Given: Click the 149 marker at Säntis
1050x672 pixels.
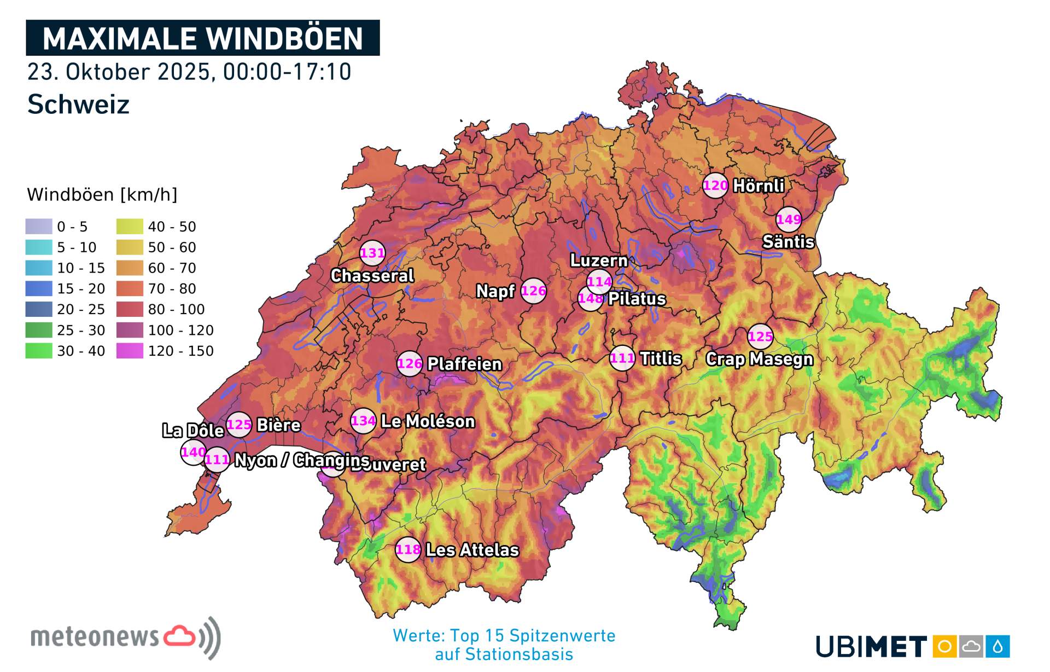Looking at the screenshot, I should point(789,219).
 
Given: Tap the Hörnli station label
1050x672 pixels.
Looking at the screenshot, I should point(759,186).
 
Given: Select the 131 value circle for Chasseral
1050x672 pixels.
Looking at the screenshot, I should point(372,253).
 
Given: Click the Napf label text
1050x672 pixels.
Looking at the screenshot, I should point(495,291).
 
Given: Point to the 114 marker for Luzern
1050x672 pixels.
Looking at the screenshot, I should point(599,281).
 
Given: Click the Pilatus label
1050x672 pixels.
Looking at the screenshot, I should point(637,299).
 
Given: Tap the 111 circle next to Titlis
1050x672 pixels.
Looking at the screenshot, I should point(622,358).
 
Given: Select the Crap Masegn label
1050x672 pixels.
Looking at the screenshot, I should point(759,359).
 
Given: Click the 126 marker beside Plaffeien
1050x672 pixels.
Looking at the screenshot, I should point(410,363).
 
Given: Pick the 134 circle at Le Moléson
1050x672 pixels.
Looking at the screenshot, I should point(364,421).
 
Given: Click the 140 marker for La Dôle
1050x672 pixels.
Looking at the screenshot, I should point(192,452).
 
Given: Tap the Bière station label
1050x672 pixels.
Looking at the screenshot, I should point(279,425).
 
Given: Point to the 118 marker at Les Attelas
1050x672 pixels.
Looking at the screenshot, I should point(409,549).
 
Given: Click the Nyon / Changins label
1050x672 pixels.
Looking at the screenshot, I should point(302,460).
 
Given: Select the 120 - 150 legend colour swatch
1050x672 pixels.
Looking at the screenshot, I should point(130,351).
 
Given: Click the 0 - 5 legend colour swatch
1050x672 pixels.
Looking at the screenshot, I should point(39,227).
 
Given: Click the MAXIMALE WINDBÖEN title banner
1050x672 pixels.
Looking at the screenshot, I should point(203,38).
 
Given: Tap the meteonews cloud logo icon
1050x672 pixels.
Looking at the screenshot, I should point(180,636).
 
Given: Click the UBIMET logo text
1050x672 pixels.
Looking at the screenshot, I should point(871,647).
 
